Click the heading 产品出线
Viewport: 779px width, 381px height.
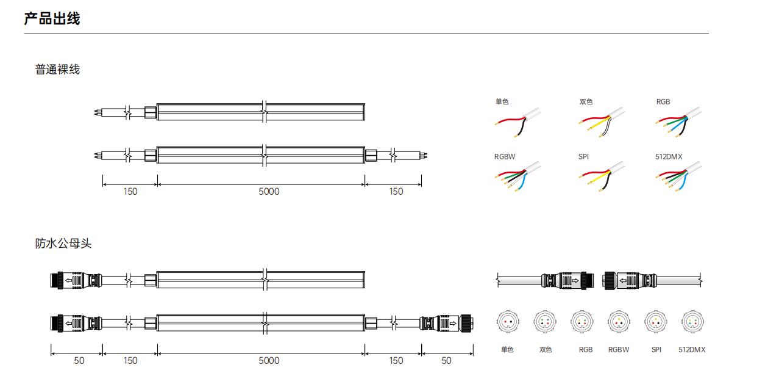coord(52,18)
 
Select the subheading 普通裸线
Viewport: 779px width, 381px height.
coord(57,70)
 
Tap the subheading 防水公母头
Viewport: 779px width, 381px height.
coord(63,243)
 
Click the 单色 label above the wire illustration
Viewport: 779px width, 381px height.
coord(502,101)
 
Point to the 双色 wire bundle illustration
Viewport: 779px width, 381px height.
coord(602,122)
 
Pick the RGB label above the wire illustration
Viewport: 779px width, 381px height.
coord(663,102)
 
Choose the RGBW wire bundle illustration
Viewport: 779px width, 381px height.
coord(518,176)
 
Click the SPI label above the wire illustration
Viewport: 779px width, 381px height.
coord(583,157)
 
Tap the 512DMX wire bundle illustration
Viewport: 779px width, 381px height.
coord(678,176)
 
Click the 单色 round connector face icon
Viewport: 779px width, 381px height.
coord(508,321)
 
